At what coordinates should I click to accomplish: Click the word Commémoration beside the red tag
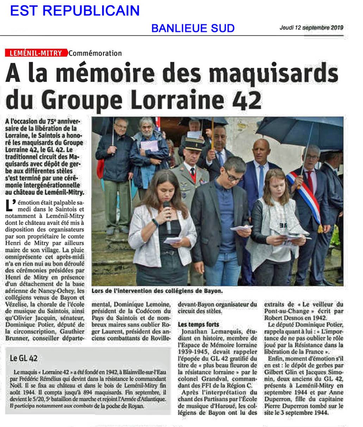(95, 53)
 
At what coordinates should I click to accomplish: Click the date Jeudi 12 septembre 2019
(311, 27)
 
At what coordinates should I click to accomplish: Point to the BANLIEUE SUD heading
(193, 28)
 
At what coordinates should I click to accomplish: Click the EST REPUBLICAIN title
(75, 11)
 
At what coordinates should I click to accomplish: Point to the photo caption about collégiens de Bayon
(157, 291)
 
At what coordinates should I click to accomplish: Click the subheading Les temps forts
(198, 324)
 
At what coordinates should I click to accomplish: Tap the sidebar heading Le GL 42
(24, 358)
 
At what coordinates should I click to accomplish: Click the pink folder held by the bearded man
(149, 145)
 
